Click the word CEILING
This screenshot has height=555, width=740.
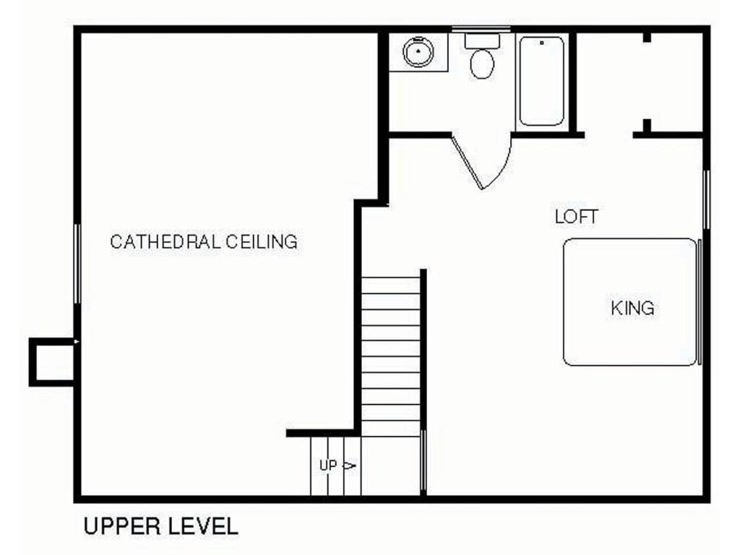tap(262, 241)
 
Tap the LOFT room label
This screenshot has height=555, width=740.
tap(576, 217)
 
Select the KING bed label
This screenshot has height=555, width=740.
tap(632, 308)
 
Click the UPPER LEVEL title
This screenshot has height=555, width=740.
tap(161, 526)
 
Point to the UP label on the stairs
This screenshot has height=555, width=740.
tap(328, 466)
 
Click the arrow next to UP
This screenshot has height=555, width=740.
tap(349, 466)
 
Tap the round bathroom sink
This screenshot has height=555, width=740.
tap(418, 51)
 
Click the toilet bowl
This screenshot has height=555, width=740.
tap(482, 64)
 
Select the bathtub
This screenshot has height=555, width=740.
tap(542, 81)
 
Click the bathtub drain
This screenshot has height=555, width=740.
tap(542, 43)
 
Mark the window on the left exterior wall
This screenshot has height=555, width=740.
tap(77, 263)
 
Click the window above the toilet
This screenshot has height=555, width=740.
tap(481, 30)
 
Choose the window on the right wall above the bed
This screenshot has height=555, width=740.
tap(707, 199)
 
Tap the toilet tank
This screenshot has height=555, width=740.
tap(482, 40)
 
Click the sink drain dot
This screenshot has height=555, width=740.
tap(418, 50)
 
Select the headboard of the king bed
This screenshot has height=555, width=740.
tap(700, 302)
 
